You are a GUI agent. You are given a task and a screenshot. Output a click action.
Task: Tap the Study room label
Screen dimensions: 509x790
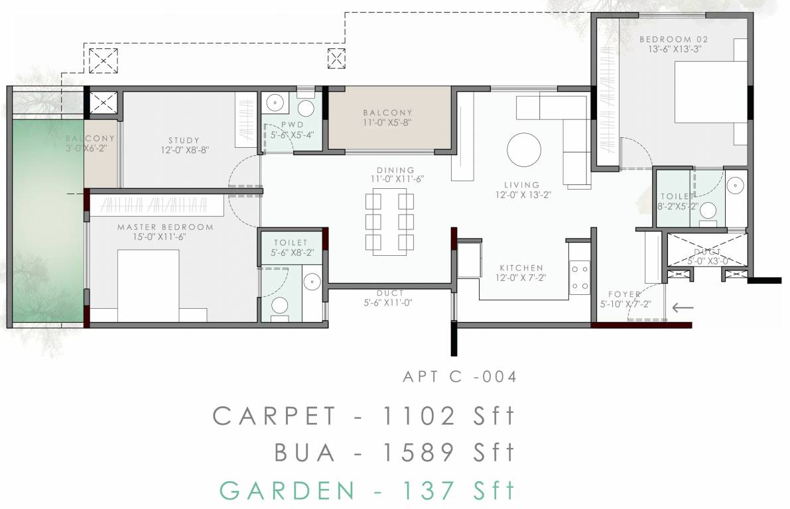[x=184, y=140]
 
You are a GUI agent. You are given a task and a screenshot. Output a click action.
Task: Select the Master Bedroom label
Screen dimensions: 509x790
[x=165, y=227]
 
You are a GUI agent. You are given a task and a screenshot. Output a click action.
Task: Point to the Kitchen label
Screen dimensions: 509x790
[x=521, y=268]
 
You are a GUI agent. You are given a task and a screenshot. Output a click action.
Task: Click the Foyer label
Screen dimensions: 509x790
[x=624, y=294]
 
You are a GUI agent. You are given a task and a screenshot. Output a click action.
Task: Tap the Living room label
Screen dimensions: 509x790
[x=522, y=185]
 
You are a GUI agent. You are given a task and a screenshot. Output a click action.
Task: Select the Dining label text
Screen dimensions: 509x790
[x=395, y=170]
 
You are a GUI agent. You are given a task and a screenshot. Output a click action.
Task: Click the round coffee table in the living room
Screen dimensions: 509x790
[x=524, y=150]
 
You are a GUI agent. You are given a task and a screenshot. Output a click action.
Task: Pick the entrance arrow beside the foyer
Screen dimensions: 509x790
[x=682, y=307]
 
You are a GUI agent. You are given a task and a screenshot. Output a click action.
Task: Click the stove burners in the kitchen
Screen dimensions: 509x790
[x=579, y=278]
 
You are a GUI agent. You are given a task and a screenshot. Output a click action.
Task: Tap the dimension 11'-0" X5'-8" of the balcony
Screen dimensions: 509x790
[x=388, y=123]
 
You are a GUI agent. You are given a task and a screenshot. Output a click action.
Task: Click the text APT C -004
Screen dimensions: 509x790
[x=460, y=377]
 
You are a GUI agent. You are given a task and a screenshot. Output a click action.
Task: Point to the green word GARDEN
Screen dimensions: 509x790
[x=287, y=491]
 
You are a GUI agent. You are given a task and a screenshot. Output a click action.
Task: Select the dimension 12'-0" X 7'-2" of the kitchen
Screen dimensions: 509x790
[x=521, y=278]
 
